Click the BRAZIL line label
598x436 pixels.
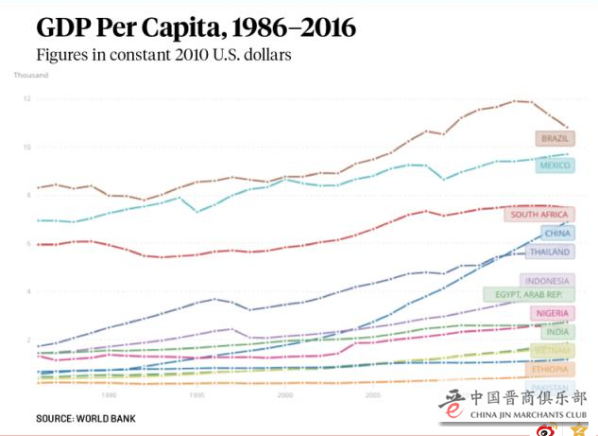click(555, 139)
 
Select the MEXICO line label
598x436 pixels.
click(555, 166)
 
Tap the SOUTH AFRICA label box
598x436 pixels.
click(538, 215)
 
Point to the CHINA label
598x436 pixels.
click(557, 233)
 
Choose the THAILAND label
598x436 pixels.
click(549, 253)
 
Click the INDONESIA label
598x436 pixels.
click(547, 281)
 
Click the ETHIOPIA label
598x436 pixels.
click(550, 369)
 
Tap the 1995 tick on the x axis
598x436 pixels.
click(196, 394)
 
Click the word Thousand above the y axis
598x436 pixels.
click(29, 75)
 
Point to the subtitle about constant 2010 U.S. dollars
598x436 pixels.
click(163, 54)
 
